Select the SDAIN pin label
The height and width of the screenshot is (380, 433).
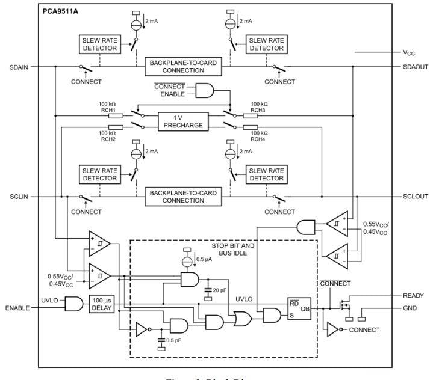pyautogui.click(x=19, y=66)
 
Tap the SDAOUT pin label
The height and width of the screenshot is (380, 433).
pyautogui.click(x=415, y=66)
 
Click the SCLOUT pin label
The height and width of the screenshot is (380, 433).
pyautogui.click(x=415, y=197)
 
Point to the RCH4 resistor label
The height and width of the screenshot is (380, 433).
pyautogui.click(x=258, y=139)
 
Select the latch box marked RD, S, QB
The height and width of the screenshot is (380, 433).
pyautogui.click(x=299, y=308)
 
